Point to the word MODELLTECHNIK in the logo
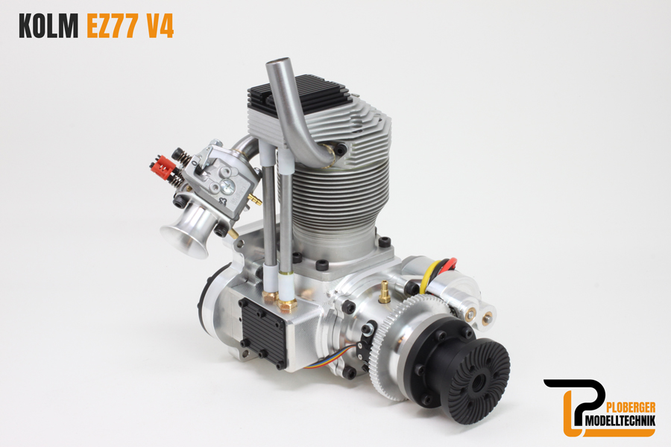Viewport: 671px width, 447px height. tap(619, 422)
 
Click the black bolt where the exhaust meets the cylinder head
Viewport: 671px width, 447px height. tap(340, 150)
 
